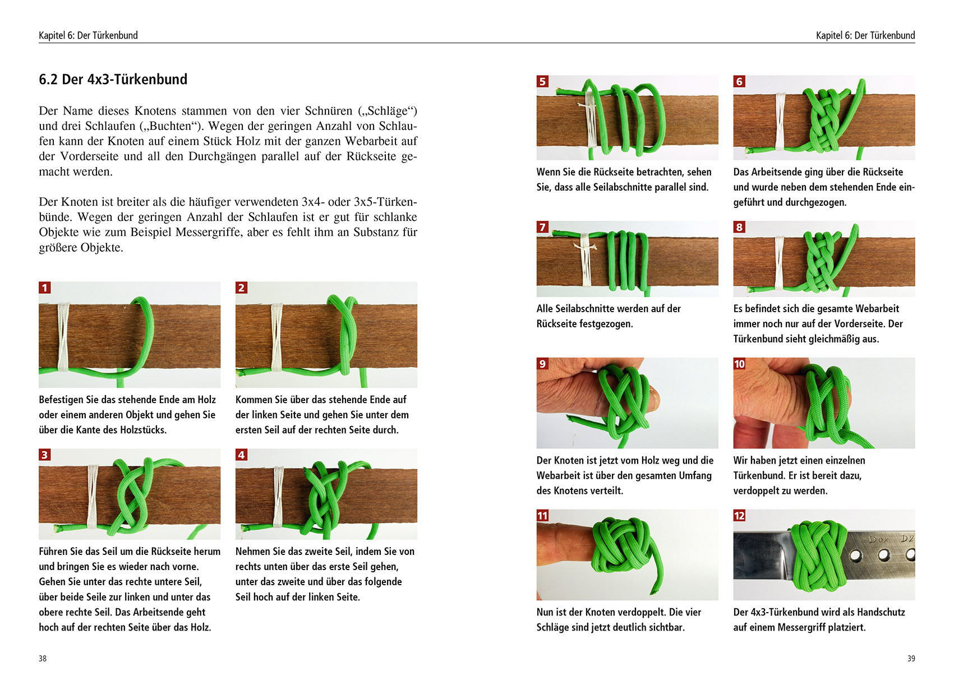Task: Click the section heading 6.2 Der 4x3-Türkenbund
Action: point(113,79)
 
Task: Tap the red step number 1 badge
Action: point(45,288)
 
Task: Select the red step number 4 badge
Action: point(242,455)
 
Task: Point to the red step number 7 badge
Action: point(542,227)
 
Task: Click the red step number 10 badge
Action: point(739,364)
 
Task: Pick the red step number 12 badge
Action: point(739,516)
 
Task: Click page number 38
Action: point(43,659)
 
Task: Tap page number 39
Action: point(911,659)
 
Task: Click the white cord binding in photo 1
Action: point(63,336)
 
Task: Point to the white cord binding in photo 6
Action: point(780,121)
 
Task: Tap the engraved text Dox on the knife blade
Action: point(879,540)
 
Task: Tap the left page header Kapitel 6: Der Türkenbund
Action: point(88,35)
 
